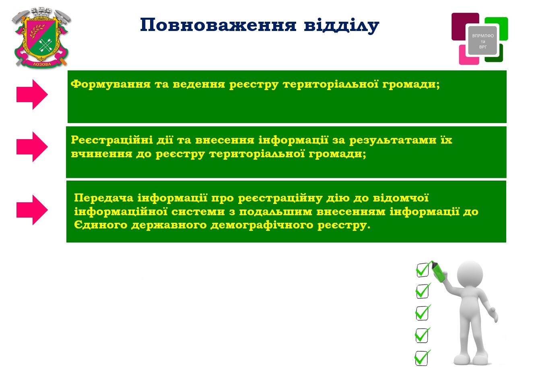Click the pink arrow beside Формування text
[x=32, y=95]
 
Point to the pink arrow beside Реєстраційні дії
[x=32, y=147]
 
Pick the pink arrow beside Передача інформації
[x=32, y=210]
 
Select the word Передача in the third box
[x=103, y=198]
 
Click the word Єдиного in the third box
[x=101, y=225]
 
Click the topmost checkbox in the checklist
[x=422, y=270]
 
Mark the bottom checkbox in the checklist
[x=422, y=358]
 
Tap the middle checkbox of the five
[x=422, y=313]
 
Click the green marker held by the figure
[x=439, y=271]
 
